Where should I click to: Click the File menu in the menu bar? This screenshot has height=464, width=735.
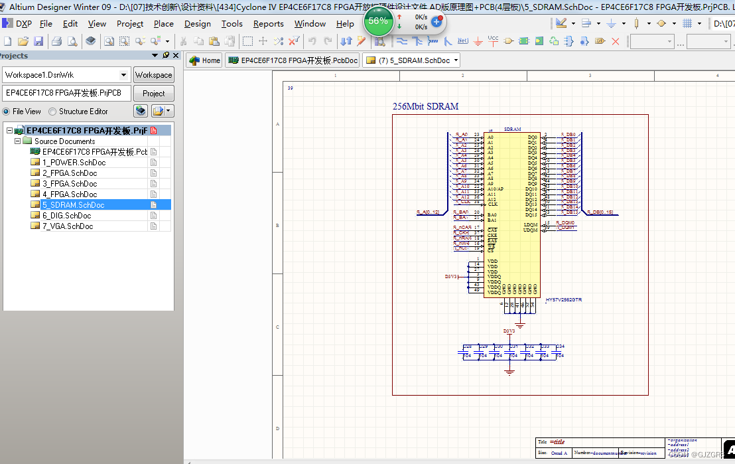coord(46,24)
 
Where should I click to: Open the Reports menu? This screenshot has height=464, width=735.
coord(268,24)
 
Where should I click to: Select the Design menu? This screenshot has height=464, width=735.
coord(197,24)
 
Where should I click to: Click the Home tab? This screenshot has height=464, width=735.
coord(205,60)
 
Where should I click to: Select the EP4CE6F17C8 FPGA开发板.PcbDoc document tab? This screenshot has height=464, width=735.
coord(293,60)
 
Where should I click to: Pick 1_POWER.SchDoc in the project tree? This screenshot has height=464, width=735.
coord(74,163)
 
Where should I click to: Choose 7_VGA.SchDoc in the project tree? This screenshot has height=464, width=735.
coord(68,226)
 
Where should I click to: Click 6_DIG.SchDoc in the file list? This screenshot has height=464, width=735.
coord(66,216)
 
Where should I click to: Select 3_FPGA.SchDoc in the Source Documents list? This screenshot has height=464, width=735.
coord(70,184)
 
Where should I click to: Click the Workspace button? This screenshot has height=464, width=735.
coord(153,75)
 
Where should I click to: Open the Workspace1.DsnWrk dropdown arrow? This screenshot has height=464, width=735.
coord(123,75)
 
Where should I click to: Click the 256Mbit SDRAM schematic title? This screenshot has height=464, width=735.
coord(425,106)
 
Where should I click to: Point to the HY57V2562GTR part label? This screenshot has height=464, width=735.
coord(563,300)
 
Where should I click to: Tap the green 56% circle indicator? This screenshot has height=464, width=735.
coord(377,21)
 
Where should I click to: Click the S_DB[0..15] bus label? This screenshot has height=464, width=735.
coord(600,212)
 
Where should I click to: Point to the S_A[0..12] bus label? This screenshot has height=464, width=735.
coord(428,212)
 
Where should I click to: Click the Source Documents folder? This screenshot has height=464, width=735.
coord(64,141)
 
